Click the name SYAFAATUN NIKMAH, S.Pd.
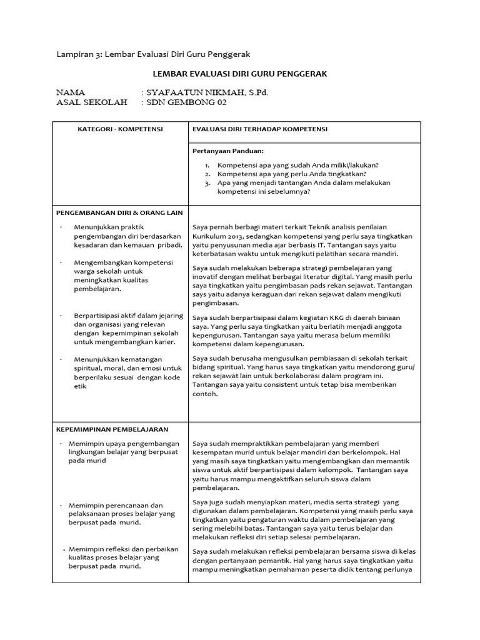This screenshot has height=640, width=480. tap(207, 92)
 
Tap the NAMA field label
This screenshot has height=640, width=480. tap(70, 92)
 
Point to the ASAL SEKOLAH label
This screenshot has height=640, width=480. tap(91, 102)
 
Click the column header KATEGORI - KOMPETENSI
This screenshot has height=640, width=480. tap(119, 129)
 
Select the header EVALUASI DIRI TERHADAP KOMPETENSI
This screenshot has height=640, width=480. tap(260, 129)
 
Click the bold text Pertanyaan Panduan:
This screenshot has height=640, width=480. tap(227, 151)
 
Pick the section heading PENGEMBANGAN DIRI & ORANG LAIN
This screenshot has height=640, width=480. tap(119, 212)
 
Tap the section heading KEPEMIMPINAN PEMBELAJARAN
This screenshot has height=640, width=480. tap(112, 429)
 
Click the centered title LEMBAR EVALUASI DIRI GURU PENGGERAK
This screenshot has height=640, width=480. tap(240, 74)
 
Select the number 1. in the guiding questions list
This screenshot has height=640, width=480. tap(207, 165)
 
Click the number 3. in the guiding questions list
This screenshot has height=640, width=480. tap(207, 182)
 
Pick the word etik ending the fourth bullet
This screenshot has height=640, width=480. tap(80, 386)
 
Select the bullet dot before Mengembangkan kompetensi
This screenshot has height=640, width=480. tap(62, 263)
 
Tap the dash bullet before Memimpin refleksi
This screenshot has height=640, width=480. tap(64, 549)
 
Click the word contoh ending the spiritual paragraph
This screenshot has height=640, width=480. tap(205, 394)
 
